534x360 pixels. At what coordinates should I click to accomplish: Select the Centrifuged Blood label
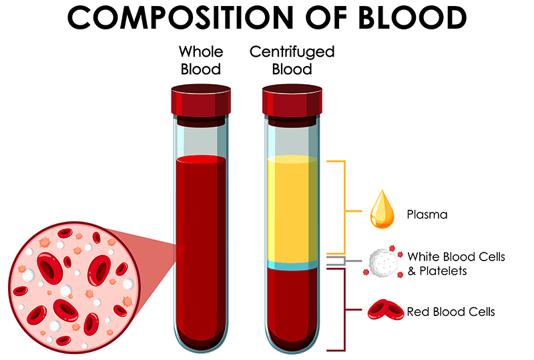[x=292, y=60]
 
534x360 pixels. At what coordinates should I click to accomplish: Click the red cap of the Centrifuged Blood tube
[x=292, y=100]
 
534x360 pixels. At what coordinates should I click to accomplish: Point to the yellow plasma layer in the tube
[x=292, y=207]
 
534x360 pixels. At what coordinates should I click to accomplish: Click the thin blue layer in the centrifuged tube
[x=292, y=266]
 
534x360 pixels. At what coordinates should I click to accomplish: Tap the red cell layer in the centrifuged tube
[x=292, y=307]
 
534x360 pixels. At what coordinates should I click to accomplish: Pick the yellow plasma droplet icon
[x=383, y=212]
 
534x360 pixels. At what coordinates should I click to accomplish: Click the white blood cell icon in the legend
[x=382, y=263]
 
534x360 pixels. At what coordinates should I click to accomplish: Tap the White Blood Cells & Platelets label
[x=456, y=264]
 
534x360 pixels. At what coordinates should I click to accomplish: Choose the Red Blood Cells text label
[x=451, y=311]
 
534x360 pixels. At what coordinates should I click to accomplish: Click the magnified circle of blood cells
[x=67, y=283]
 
